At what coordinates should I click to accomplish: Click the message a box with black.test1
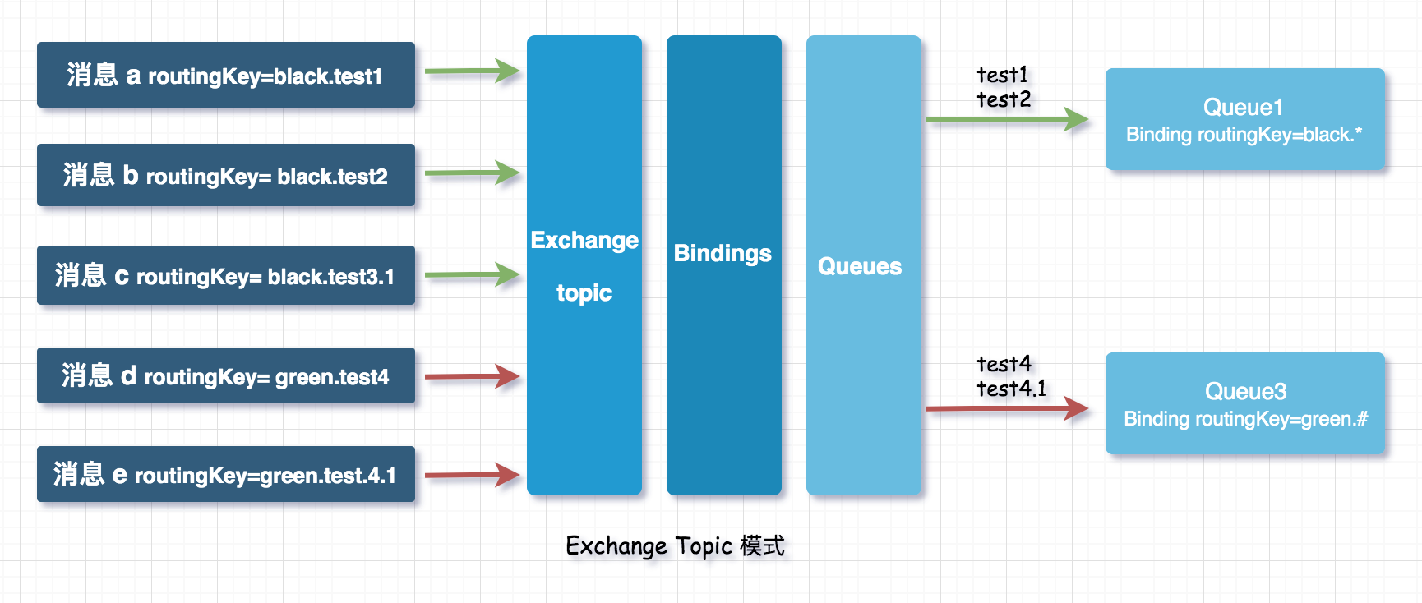pyautogui.click(x=226, y=75)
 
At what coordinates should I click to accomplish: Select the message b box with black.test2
pyautogui.click(x=226, y=175)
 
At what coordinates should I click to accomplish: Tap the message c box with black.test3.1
pyautogui.click(x=226, y=275)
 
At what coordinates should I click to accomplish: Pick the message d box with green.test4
pyautogui.click(x=226, y=375)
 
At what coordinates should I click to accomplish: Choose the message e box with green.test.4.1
pyautogui.click(x=226, y=474)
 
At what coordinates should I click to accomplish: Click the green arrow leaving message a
pyautogui.click(x=472, y=71)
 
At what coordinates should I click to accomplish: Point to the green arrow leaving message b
pyautogui.click(x=472, y=173)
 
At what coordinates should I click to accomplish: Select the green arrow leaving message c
pyautogui.click(x=472, y=274)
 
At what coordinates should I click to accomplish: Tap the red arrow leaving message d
pyautogui.click(x=472, y=376)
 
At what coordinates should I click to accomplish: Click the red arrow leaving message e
pyautogui.click(x=472, y=474)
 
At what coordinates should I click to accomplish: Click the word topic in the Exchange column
pyautogui.click(x=584, y=293)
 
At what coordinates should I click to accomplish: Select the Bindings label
pyautogui.click(x=723, y=253)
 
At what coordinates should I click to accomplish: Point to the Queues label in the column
pyautogui.click(x=860, y=266)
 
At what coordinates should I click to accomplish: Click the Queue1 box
pyautogui.click(x=1245, y=119)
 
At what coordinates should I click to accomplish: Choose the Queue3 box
pyautogui.click(x=1245, y=403)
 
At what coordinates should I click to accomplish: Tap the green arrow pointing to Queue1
pyautogui.click(x=1007, y=119)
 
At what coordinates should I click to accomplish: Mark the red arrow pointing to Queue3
pyautogui.click(x=1007, y=407)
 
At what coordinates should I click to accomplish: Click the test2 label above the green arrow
pyautogui.click(x=1004, y=99)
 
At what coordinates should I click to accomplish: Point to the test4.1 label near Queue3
pyautogui.click(x=1012, y=389)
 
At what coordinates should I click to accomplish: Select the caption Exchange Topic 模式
pyautogui.click(x=675, y=546)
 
